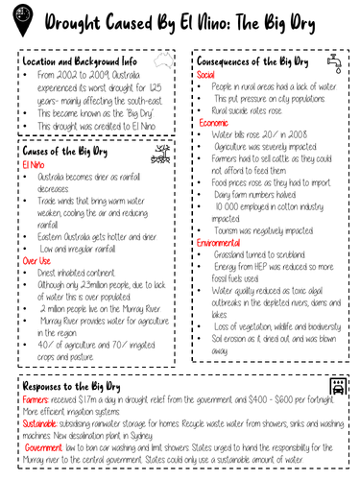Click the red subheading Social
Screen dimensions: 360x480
pos(206,74)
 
